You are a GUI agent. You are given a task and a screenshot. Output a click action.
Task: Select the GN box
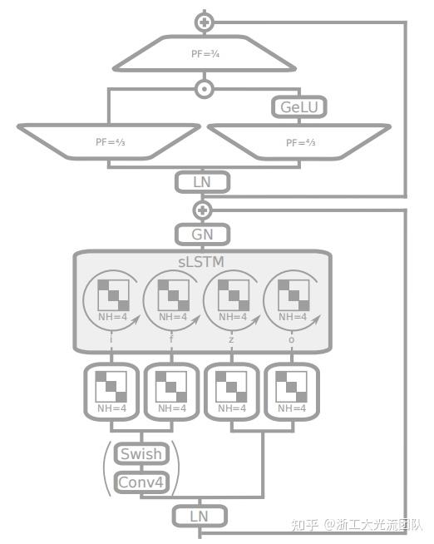pos(202,235)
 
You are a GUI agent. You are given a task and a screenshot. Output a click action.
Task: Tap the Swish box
pos(141,454)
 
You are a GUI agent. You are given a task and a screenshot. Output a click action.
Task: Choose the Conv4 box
pos(141,482)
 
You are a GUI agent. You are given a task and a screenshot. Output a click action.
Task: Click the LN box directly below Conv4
pos(200,517)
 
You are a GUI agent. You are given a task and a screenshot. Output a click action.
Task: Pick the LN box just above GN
pos(202,181)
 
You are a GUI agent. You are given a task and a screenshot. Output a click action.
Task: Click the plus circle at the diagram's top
pos(204,22)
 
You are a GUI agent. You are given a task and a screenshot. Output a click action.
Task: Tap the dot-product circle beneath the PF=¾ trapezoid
pos(204,88)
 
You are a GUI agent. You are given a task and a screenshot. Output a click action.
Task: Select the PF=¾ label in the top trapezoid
pos(203,53)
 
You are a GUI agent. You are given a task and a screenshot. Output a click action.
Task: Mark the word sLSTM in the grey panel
pos(203,262)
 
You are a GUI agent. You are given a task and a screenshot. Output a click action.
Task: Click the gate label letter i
pos(111,340)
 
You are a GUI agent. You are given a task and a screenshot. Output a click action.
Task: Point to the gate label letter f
pos(170,340)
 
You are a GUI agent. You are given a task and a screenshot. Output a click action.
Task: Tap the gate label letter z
pos(232,340)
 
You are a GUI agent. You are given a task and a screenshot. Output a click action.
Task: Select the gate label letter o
pos(292,340)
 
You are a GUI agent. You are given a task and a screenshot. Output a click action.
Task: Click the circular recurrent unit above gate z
pos(232,299)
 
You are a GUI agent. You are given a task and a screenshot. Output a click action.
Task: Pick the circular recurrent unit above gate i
pos(111,299)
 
